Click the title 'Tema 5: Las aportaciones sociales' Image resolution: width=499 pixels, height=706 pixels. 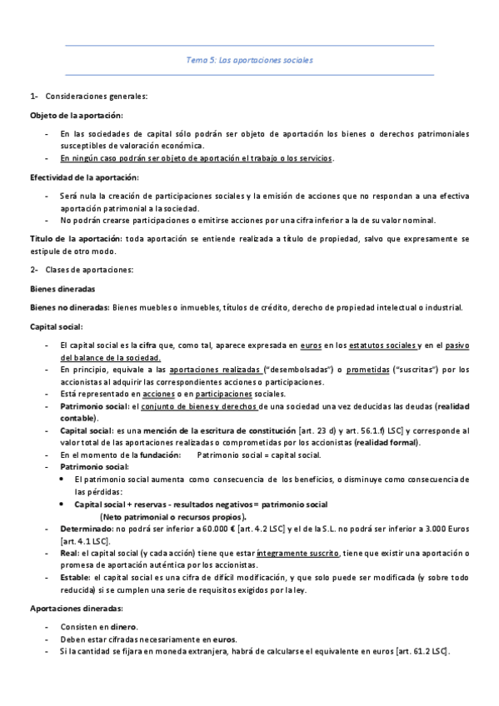pos(249,60)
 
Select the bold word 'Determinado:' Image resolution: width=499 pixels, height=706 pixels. pos(87,529)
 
